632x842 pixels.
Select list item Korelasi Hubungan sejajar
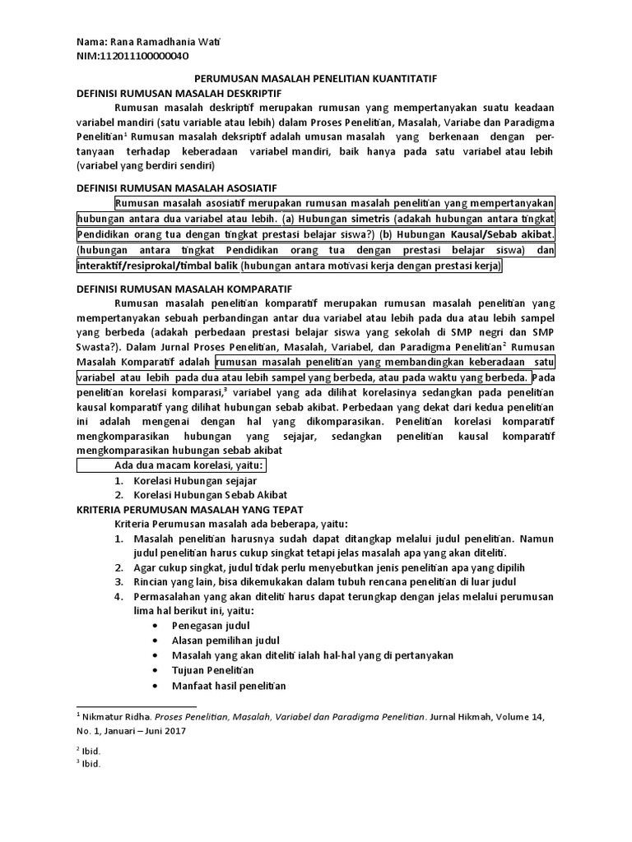pyautogui.click(x=196, y=480)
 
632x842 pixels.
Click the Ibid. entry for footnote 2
pyautogui.click(x=91, y=750)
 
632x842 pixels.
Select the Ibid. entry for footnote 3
pyautogui.click(x=91, y=763)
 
